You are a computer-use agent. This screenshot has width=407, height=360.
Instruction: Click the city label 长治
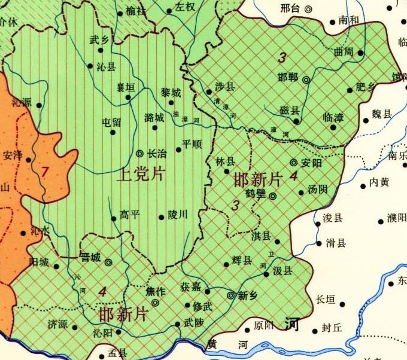click(157, 153)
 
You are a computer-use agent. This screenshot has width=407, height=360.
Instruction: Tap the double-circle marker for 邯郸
click(306, 80)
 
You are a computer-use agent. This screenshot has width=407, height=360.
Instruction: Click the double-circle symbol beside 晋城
click(108, 262)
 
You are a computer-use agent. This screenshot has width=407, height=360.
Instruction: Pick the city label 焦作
click(155, 291)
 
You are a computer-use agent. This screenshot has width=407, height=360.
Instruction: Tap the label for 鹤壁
click(256, 194)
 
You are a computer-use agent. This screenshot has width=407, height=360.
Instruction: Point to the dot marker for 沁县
click(90, 66)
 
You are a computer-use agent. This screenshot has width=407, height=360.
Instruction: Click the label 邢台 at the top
click(290, 8)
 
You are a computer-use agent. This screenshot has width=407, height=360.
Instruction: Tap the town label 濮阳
click(396, 217)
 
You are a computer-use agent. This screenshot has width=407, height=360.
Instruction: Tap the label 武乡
click(99, 40)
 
